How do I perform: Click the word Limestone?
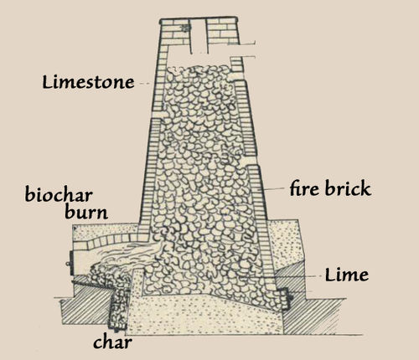click(x=88, y=83)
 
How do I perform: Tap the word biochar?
click(x=59, y=194)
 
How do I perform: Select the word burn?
click(x=86, y=213)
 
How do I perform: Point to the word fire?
click(x=304, y=188)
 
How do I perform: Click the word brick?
click(x=348, y=188)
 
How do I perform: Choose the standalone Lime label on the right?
click(x=347, y=275)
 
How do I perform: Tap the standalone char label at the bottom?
click(x=112, y=342)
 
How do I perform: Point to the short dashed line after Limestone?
click(x=144, y=84)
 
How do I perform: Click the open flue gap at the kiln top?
click(x=199, y=36)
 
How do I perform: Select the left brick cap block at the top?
click(x=175, y=31)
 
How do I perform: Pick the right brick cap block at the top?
click(x=222, y=31)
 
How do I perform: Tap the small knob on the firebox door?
click(x=67, y=264)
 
